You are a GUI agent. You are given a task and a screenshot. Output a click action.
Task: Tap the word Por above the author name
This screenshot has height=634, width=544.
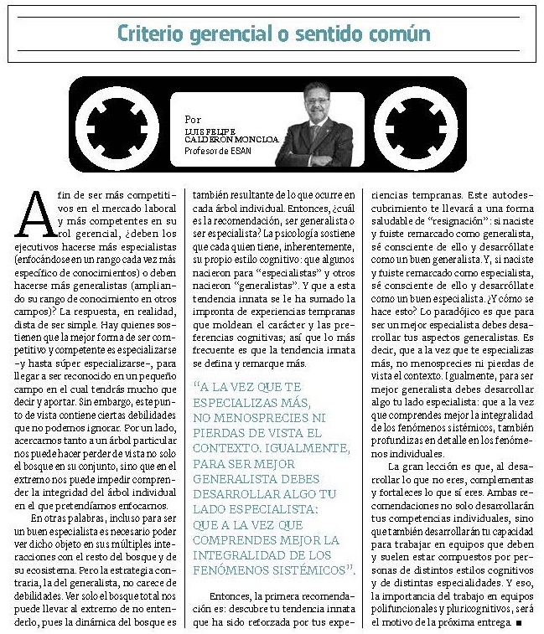[x=193, y=120]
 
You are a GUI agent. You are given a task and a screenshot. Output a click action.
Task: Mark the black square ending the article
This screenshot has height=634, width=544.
[x=520, y=624]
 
